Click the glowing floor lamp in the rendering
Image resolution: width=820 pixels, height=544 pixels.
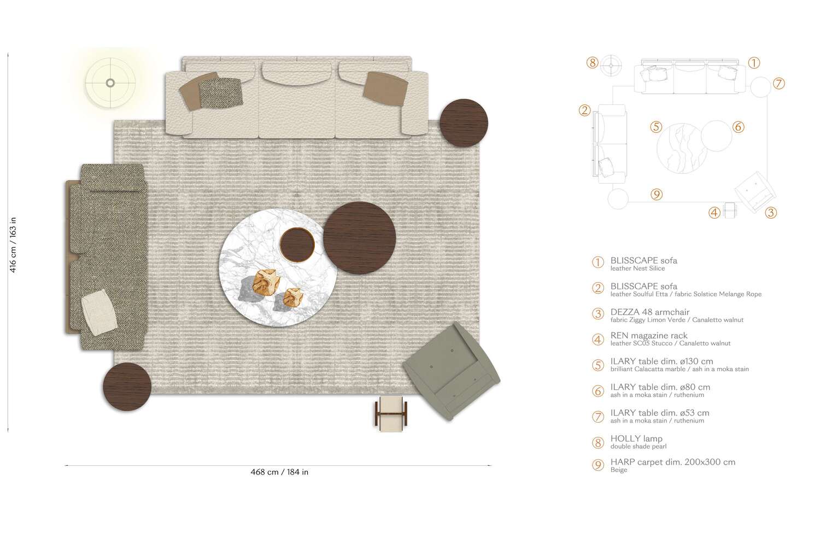[110, 83]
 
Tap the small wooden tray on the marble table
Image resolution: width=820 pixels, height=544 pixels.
[297, 244]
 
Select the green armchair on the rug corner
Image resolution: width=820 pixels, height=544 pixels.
[452, 371]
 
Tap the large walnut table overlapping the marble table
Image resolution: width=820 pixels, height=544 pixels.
[360, 238]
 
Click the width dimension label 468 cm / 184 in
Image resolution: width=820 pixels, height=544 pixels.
[279, 472]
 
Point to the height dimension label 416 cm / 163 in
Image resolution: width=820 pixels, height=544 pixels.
[13, 244]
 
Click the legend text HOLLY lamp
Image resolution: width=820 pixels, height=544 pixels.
[636, 438]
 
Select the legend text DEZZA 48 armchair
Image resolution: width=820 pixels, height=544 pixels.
[649, 312]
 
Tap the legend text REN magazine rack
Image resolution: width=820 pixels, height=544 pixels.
[648, 335]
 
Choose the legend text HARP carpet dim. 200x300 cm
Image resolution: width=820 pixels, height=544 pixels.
[672, 462]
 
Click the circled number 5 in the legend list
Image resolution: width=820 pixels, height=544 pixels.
[598, 365]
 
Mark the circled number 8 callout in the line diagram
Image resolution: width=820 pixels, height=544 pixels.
[593, 62]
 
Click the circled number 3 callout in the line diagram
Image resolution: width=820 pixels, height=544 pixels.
[771, 213]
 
